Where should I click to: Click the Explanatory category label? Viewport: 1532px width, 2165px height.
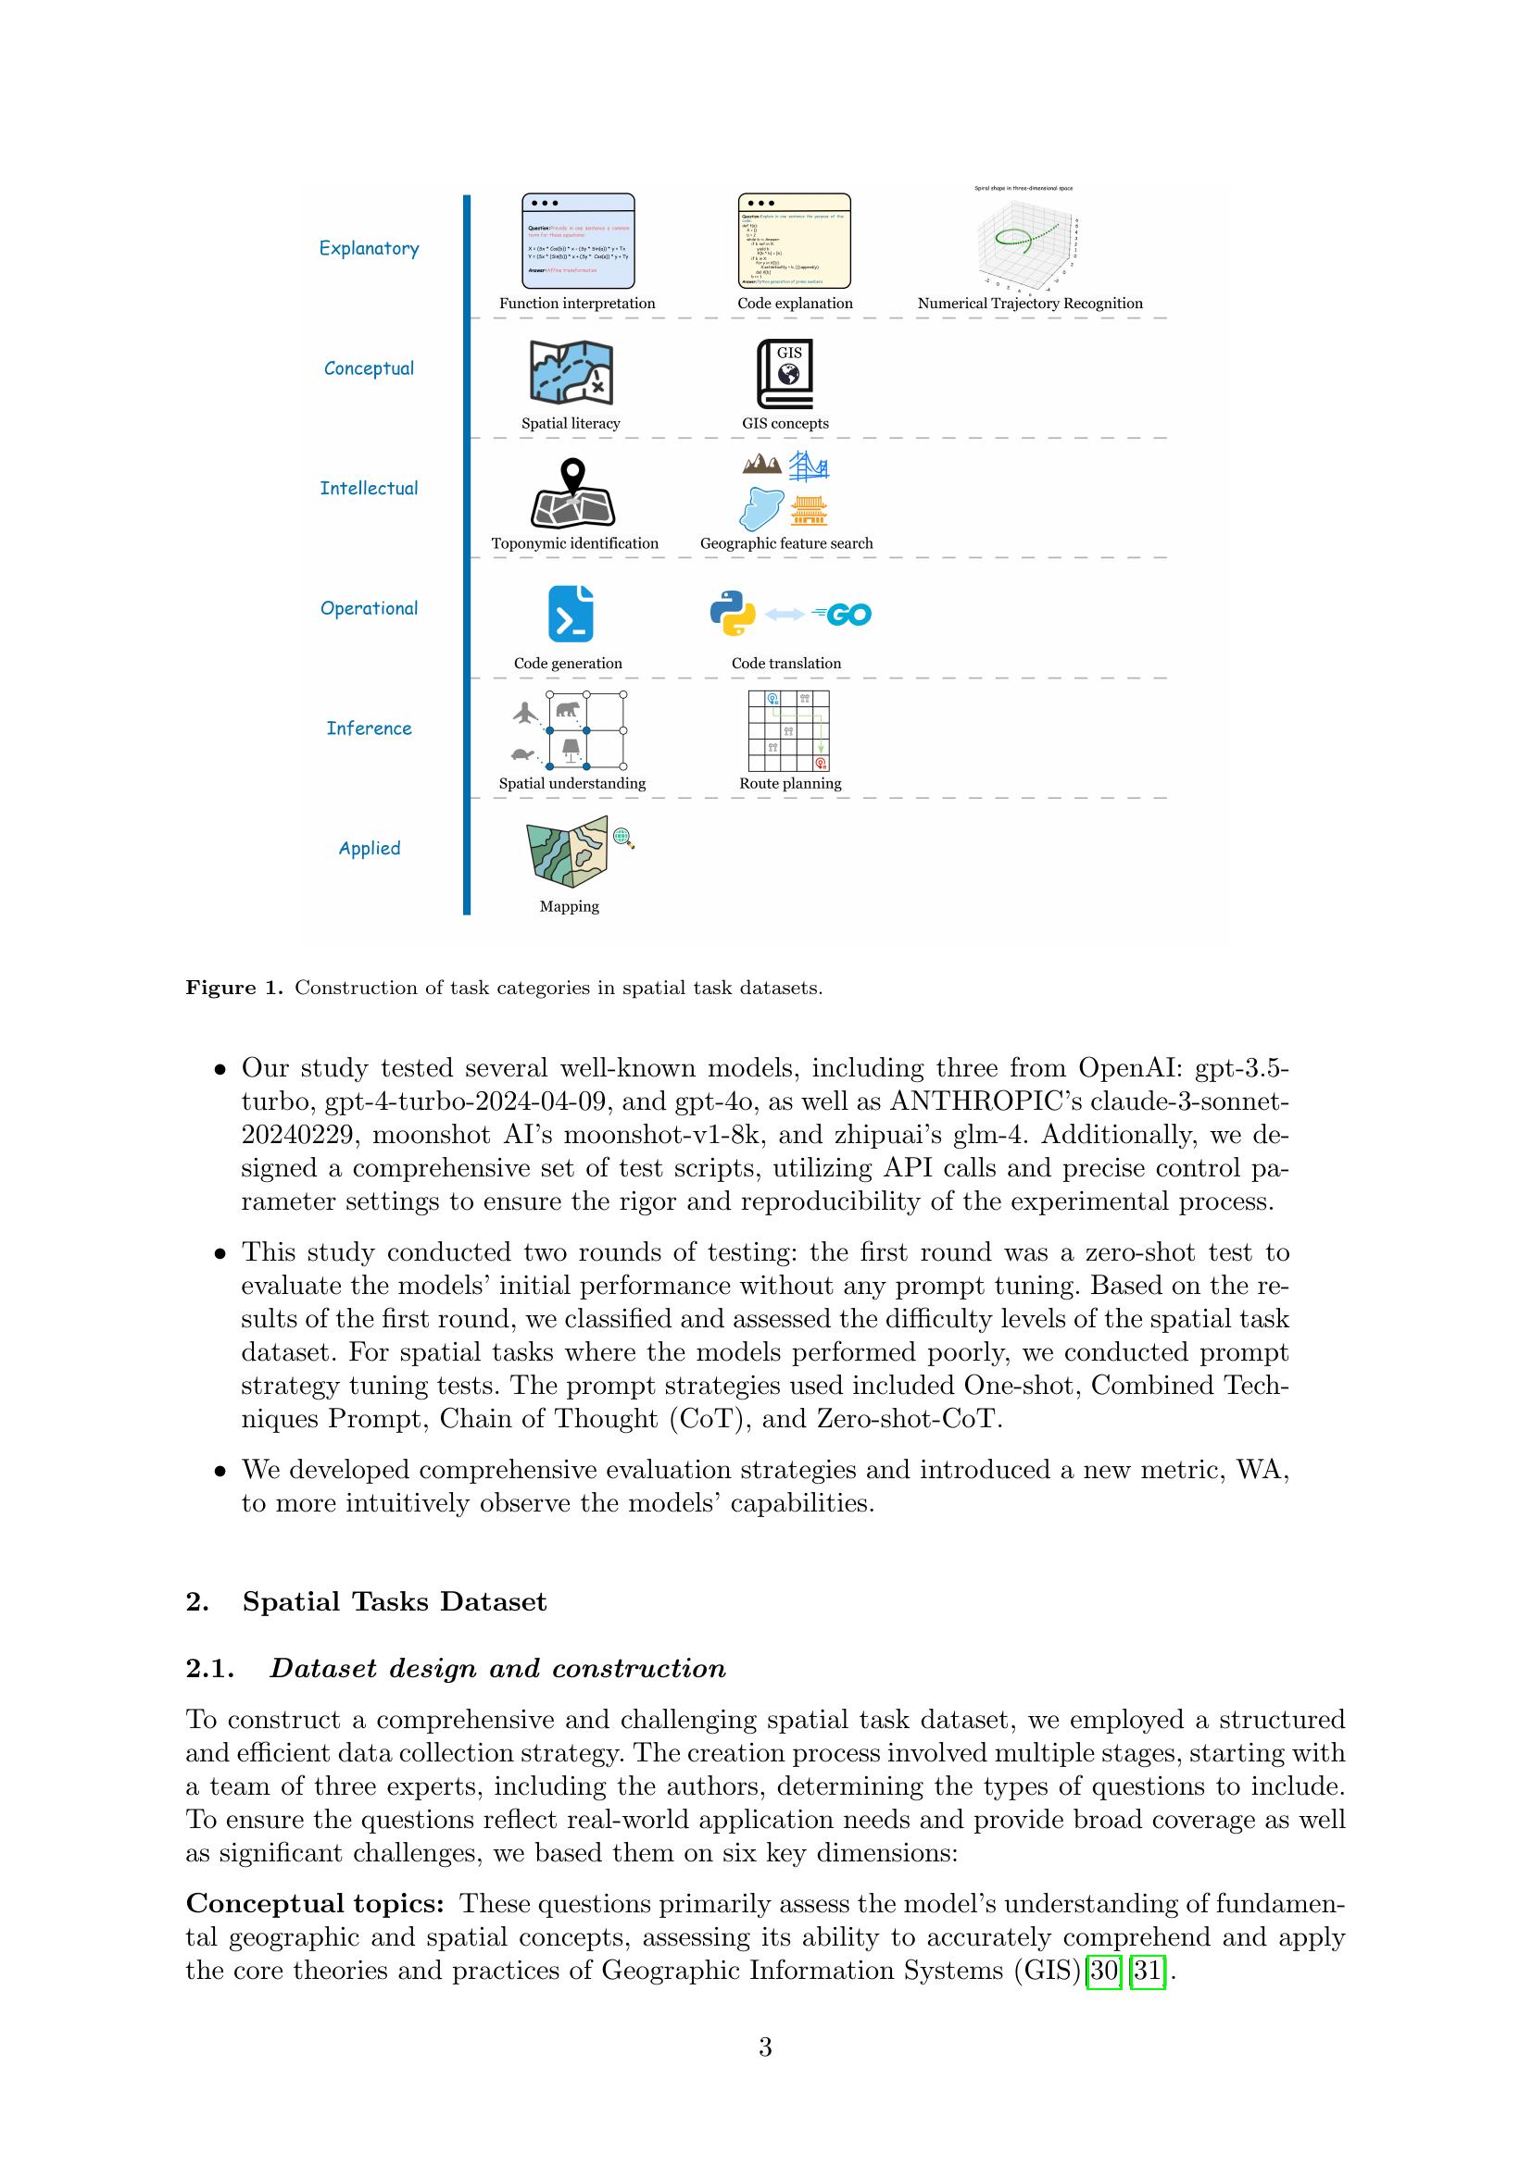pyautogui.click(x=369, y=248)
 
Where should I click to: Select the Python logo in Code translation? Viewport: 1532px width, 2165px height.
pyautogui.click(x=732, y=614)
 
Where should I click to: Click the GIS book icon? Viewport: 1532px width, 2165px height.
pyautogui.click(x=784, y=374)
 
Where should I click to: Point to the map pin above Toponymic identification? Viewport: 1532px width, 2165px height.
pyautogui.click(x=572, y=473)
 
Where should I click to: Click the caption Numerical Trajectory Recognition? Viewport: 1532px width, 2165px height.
pyautogui.click(x=1029, y=304)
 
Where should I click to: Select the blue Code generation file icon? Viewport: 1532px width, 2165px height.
pyautogui.click(x=571, y=614)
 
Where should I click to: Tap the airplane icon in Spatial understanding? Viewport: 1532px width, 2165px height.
pyautogui.click(x=525, y=713)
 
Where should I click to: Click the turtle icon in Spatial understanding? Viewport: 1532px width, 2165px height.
pyautogui.click(x=522, y=754)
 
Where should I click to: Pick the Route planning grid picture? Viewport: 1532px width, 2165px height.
pyautogui.click(x=788, y=731)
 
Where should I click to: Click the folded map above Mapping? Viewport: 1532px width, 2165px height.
pyautogui.click(x=568, y=852)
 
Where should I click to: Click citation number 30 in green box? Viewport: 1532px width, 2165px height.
pyautogui.click(x=1104, y=1971)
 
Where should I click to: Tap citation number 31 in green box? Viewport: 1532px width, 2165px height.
pyautogui.click(x=1146, y=1971)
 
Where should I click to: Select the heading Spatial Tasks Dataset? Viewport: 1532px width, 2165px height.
pyautogui.click(x=395, y=1602)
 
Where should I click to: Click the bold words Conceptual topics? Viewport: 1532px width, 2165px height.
pyautogui.click(x=315, y=1904)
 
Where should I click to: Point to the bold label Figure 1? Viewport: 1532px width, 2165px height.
pyautogui.click(x=234, y=989)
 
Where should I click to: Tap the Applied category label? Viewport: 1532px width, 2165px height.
pyautogui.click(x=369, y=849)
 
